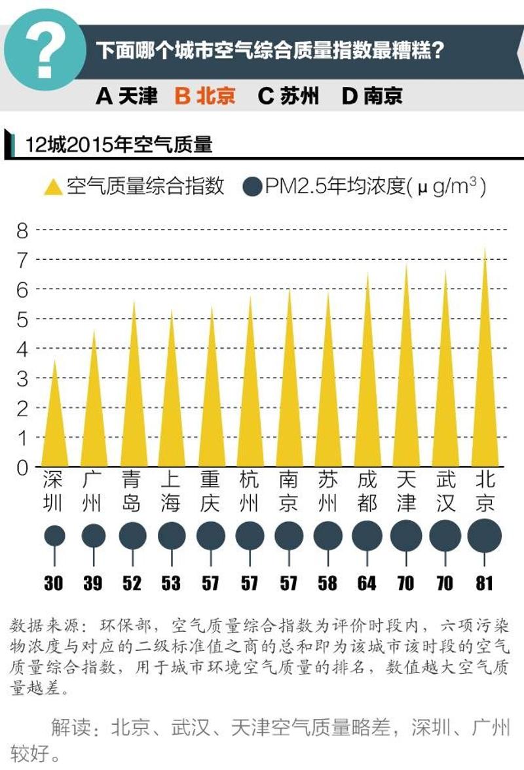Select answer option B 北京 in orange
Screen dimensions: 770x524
[x=205, y=96]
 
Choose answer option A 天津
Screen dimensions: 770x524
[x=127, y=96]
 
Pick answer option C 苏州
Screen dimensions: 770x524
[x=288, y=96]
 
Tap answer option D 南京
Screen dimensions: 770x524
[x=372, y=96]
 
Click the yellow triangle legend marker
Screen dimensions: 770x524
[x=52, y=187]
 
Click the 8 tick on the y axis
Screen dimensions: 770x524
[x=22, y=230]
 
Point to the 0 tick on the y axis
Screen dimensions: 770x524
[x=22, y=467]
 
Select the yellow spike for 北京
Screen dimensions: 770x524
[x=485, y=393]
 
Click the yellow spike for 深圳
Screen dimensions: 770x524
[x=54, y=425]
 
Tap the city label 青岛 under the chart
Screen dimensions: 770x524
[x=132, y=491]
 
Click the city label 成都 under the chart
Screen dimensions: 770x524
[x=367, y=491]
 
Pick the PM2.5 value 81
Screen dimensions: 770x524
[x=484, y=582]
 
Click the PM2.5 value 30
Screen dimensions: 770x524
[x=54, y=582]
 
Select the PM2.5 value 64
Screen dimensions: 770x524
[x=367, y=582]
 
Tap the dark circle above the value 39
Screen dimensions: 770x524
[x=93, y=536]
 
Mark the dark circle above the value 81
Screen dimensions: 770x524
[x=485, y=536]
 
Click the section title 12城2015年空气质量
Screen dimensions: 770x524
[x=119, y=145]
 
